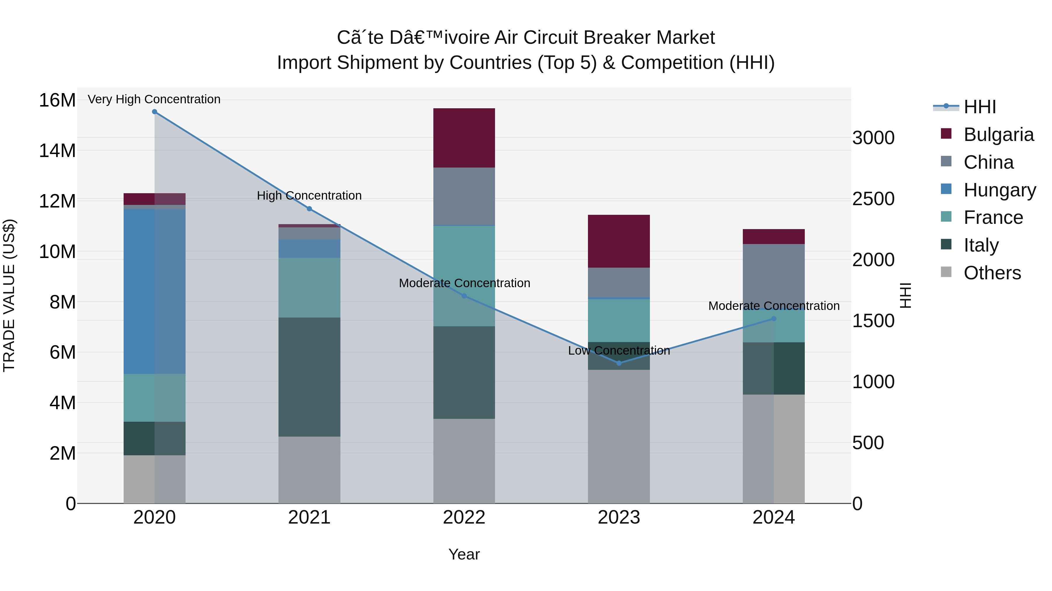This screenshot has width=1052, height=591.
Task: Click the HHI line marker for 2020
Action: tap(154, 112)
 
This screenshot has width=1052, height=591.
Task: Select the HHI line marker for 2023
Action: tap(619, 363)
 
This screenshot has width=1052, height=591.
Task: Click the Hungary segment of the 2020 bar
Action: tap(154, 292)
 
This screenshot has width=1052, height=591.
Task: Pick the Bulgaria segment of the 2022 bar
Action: tap(464, 138)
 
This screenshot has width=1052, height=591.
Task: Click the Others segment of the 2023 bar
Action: tap(619, 436)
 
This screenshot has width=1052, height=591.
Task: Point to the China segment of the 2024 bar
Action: tap(774, 273)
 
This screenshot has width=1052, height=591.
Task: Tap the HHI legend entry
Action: tap(979, 107)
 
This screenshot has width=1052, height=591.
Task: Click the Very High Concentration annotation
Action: tap(154, 99)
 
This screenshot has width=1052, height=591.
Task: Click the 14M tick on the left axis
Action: tap(57, 151)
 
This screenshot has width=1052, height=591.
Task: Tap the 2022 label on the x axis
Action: tap(464, 517)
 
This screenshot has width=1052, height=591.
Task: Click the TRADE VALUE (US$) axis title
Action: tap(9, 295)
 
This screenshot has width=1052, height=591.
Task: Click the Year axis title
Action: tap(464, 554)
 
